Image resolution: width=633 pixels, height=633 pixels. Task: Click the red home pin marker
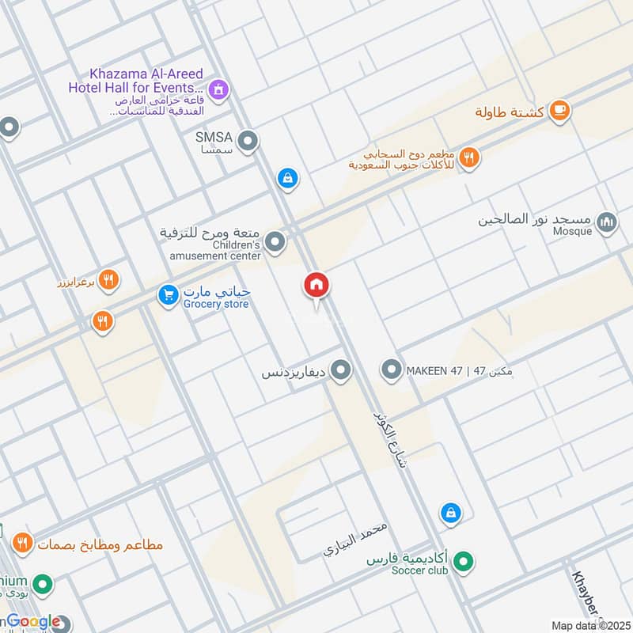coord(317,285)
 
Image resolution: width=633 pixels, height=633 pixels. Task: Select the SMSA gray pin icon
coord(248,142)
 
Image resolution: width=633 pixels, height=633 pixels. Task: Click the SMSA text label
coord(213,136)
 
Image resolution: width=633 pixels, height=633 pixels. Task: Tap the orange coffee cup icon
coord(559,110)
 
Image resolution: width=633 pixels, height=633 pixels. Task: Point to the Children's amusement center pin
coord(275,242)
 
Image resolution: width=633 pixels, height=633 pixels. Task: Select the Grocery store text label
coord(216,305)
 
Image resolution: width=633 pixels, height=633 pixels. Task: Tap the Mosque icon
coord(607,223)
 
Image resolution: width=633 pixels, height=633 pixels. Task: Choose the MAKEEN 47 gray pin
coord(391,370)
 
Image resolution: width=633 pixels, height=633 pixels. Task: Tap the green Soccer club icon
coord(465,563)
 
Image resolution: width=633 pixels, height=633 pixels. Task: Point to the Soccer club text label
coord(419,570)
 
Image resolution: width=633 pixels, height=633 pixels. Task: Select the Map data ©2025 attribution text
coord(589,625)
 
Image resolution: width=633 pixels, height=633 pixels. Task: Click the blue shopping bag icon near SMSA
coord(288,179)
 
